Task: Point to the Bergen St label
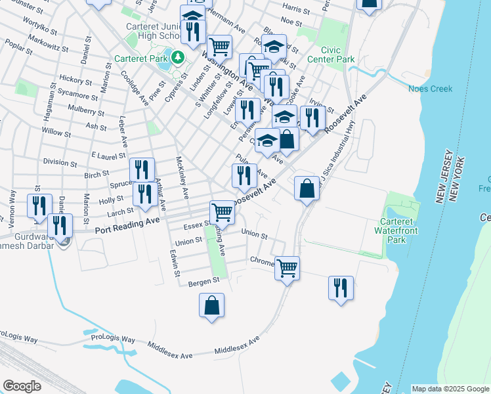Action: click(203, 282)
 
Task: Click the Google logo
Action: click(22, 386)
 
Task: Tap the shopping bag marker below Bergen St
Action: click(211, 305)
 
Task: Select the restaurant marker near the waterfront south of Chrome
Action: click(341, 288)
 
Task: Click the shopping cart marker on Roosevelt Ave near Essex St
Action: click(222, 213)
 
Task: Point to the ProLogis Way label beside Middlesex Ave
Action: click(113, 339)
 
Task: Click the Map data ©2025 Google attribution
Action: click(450, 389)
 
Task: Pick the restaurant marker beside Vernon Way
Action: click(39, 206)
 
